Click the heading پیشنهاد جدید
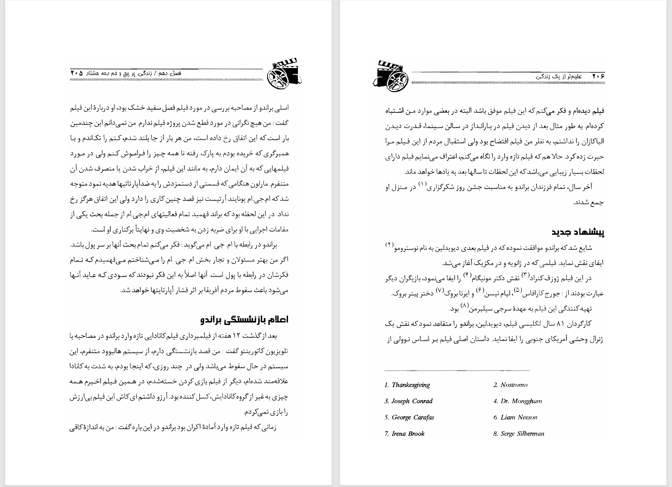tap(578, 232)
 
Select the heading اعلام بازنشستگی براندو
tap(245, 320)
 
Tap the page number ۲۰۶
tap(598, 76)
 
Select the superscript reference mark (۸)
tap(465, 306)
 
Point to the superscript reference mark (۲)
tap(390, 245)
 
